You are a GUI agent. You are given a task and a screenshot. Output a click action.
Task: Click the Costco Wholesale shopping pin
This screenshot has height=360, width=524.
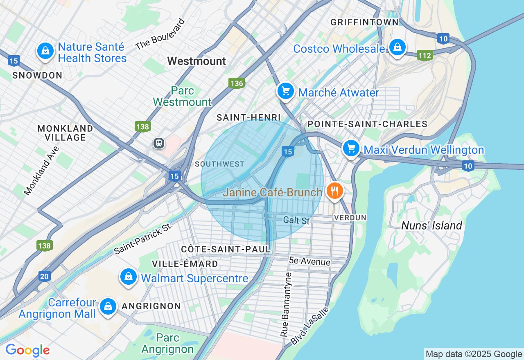pyautogui.click(x=397, y=47)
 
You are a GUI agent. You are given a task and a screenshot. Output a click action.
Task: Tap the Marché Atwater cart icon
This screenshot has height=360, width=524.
pyautogui.click(x=285, y=91)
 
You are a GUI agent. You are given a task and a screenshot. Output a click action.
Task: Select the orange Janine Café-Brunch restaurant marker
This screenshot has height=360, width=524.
pyautogui.click(x=334, y=191)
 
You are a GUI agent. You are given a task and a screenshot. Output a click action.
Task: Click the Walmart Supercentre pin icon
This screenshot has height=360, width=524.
pyautogui.click(x=129, y=277)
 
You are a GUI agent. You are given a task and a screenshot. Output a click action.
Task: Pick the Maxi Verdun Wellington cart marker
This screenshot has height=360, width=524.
pyautogui.click(x=351, y=148)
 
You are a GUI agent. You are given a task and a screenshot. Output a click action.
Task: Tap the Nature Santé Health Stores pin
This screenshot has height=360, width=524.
pyautogui.click(x=45, y=51)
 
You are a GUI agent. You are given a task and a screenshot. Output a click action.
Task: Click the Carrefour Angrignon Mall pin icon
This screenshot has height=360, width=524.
pyautogui.click(x=108, y=306)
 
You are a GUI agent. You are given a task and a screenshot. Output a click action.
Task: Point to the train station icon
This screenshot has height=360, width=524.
pyautogui.click(x=158, y=143)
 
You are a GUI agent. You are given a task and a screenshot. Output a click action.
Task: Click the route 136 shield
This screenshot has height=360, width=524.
pyautogui.click(x=237, y=83)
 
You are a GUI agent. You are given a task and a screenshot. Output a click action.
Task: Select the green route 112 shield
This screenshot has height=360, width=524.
pyautogui.click(x=425, y=55)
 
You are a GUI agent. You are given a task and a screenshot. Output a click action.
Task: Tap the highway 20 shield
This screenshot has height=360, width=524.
pyautogui.click(x=45, y=277)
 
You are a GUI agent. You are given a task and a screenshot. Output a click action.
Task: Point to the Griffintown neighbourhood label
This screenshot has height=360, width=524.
pyautogui.click(x=364, y=22)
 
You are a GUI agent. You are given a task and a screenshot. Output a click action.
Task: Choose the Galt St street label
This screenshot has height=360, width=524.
pyautogui.click(x=296, y=221)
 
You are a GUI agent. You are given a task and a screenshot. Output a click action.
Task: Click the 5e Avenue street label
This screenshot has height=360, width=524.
pyautogui.click(x=309, y=261)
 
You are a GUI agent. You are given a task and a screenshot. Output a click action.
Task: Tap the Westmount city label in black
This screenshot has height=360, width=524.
pyautogui.click(x=196, y=61)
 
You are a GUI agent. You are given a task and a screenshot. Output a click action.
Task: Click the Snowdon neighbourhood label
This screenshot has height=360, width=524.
pyautogui.click(x=37, y=75)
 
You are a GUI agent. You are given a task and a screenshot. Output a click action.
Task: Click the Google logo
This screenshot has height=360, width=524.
pyautogui.click(x=27, y=350)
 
